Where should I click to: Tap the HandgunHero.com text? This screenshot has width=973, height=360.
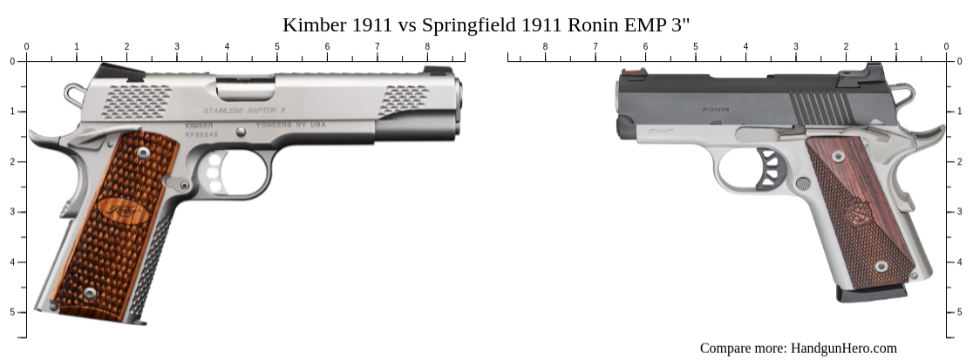(x=843, y=348)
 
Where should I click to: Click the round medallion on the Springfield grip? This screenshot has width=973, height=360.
(x=858, y=211)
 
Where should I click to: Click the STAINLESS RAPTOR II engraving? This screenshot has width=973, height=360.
(x=245, y=111)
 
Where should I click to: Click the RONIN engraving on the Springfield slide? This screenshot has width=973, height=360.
(x=716, y=112)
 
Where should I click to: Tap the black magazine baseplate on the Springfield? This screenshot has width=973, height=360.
(x=871, y=294)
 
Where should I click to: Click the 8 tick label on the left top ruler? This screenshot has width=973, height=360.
(x=427, y=46)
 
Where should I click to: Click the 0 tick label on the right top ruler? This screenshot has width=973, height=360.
(x=946, y=46)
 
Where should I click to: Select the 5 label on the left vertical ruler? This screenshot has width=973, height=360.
(x=11, y=312)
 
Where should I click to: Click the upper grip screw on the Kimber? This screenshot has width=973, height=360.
(x=143, y=153)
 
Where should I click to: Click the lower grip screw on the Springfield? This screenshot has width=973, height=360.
(x=881, y=266)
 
